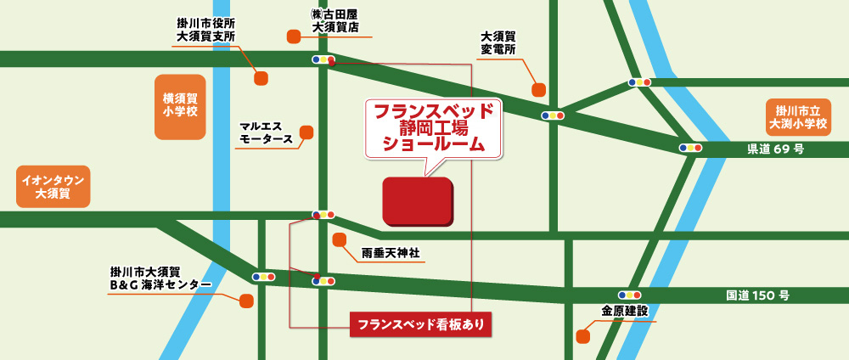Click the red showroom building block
(417, 201)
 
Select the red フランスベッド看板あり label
(420, 324)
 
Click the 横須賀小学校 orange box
(180, 106)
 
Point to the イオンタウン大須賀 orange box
(53, 187)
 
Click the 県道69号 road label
(775, 150)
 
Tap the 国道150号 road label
(757, 295)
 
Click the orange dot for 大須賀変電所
(538, 89)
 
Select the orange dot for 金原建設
(582, 336)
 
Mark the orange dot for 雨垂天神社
(339, 239)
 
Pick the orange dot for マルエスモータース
(306, 132)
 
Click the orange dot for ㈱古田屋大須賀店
(294, 36)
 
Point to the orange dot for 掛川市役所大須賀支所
(261, 78)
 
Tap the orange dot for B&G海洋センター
(246, 301)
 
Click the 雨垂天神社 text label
(391, 253)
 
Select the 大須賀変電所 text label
(498, 43)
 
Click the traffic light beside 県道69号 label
(690, 147)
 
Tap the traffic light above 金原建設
(630, 295)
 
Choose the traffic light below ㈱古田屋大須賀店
(323, 59)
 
